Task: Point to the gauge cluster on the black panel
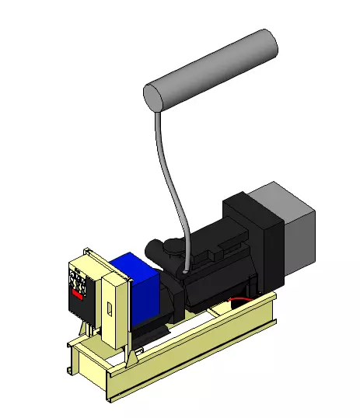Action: [x=79, y=281]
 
